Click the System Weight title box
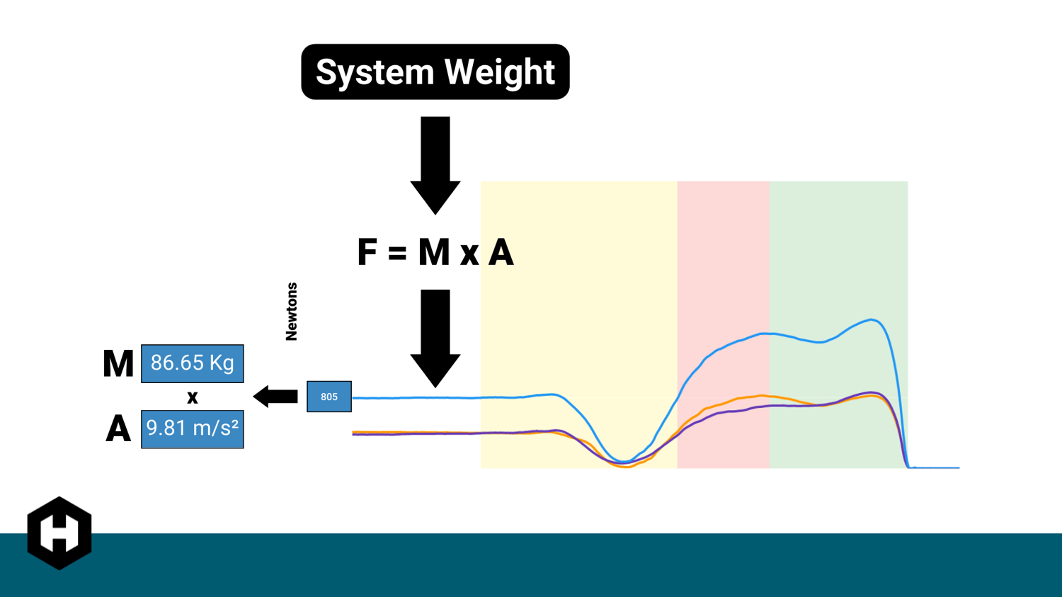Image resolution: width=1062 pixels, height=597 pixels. click(435, 72)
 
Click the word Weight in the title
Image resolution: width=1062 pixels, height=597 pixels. click(499, 72)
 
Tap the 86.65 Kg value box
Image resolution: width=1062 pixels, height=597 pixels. click(192, 363)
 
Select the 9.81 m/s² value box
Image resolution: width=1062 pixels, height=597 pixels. click(192, 429)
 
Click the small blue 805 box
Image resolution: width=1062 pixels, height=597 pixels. click(329, 397)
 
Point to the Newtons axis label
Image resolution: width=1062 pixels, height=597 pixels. click(291, 312)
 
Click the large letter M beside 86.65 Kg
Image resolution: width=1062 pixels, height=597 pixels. click(118, 364)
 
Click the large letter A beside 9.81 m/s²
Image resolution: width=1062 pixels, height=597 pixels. click(118, 429)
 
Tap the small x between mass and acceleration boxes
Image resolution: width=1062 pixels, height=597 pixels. click(192, 397)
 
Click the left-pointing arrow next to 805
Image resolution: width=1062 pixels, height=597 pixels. click(275, 397)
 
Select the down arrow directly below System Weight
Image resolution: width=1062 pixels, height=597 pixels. click(435, 165)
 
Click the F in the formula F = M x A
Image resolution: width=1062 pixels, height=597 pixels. click(367, 253)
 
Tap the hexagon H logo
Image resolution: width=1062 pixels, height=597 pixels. click(59, 533)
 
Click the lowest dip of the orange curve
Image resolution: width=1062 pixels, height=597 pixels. click(627, 467)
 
